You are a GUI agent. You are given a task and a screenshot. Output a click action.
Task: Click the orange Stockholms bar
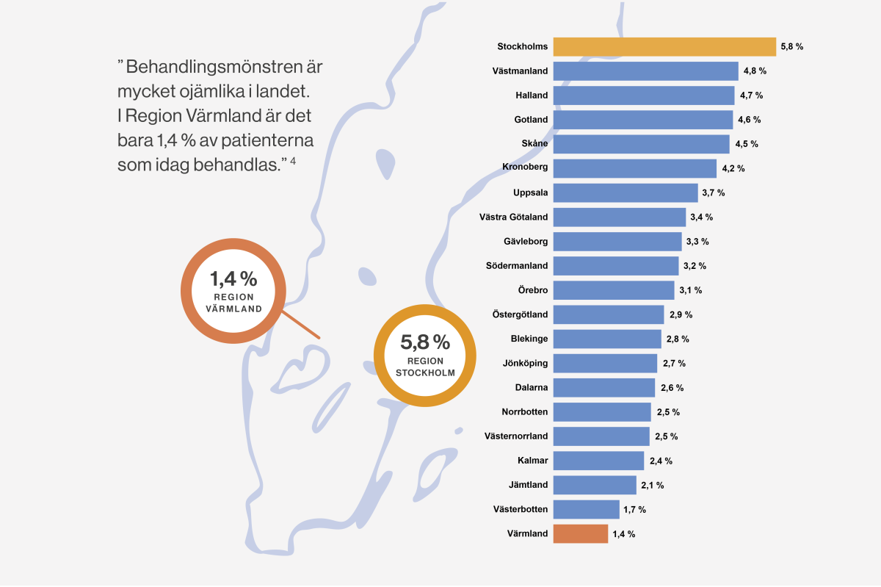[x=664, y=46]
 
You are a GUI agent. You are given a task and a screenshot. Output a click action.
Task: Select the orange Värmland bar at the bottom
[x=580, y=533]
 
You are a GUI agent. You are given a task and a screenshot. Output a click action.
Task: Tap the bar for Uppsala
[x=625, y=192]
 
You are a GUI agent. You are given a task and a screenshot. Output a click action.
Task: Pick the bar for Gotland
[x=642, y=120]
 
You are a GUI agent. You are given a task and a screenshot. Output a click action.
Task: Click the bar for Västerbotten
[x=586, y=509]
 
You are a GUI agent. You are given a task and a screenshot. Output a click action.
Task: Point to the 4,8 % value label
[x=755, y=71]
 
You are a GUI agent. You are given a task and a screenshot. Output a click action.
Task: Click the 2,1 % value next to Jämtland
[x=652, y=485]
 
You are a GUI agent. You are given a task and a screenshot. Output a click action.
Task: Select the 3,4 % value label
[x=701, y=217]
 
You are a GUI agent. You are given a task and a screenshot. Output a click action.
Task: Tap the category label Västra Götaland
[x=512, y=217]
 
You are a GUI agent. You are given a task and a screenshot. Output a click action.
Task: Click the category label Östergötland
[x=519, y=314]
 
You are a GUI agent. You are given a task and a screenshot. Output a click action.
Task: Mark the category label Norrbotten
[x=524, y=412]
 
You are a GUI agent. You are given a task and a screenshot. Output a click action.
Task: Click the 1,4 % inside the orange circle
[x=233, y=279]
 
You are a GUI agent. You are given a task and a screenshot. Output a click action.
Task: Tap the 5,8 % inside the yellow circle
[x=425, y=342]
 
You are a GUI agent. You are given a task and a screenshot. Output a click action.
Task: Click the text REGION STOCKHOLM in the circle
[x=425, y=367]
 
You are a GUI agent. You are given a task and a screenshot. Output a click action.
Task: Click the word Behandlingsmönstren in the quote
[x=225, y=67]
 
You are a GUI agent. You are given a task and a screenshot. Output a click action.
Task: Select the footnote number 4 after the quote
[x=293, y=161]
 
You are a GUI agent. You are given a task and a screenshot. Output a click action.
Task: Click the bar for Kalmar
[x=598, y=461]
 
